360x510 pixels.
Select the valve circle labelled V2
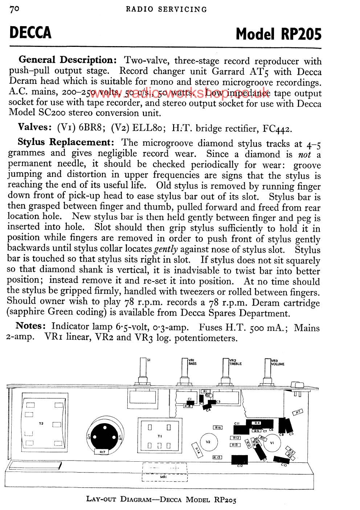tap(208, 442)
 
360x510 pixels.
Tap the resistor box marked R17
tap(102, 452)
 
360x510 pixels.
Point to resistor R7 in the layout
tap(298, 412)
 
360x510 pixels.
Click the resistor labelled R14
tap(198, 450)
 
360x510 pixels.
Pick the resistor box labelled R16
tap(218, 428)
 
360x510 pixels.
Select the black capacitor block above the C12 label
tap(240, 459)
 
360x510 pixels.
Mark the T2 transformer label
tap(41, 424)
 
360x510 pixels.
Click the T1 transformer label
tap(159, 436)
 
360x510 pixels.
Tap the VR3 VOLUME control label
tap(278, 362)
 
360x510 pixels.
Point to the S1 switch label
tap(149, 360)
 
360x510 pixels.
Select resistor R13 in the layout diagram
tap(235, 445)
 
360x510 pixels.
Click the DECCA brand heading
tap(30, 32)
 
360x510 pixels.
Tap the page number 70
tap(14, 9)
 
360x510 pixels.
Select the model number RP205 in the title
tap(301, 34)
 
